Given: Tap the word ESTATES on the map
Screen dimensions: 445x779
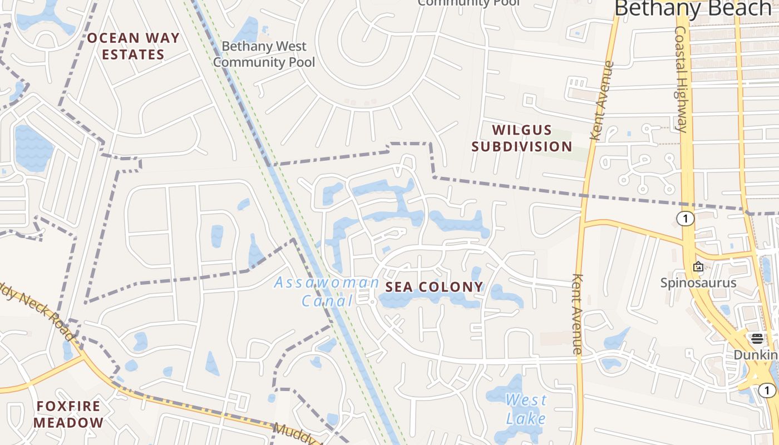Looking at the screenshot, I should pos(133,55).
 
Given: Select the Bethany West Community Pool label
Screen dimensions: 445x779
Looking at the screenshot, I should pos(264,54).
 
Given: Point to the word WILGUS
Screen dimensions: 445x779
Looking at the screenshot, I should pos(522,130).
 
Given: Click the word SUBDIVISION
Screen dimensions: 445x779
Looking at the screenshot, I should pos(522,146).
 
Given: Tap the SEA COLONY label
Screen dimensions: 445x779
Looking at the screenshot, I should pos(435,287).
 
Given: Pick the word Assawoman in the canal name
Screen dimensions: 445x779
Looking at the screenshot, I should pos(327,283).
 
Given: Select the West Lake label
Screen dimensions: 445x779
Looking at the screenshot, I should pos(526,409).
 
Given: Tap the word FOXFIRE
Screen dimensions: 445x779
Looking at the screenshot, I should pos(69,407).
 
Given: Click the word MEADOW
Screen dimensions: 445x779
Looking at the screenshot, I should pos(68,423).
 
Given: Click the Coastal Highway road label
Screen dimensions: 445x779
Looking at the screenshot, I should pos(681,79).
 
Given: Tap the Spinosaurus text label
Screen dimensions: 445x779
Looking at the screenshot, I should pos(698,283).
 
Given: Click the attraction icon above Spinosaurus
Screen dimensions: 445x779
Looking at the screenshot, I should pos(698,266).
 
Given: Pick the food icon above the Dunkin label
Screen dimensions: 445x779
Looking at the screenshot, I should pos(756,338).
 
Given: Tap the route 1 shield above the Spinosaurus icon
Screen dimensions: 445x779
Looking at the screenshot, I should pos(686,219).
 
